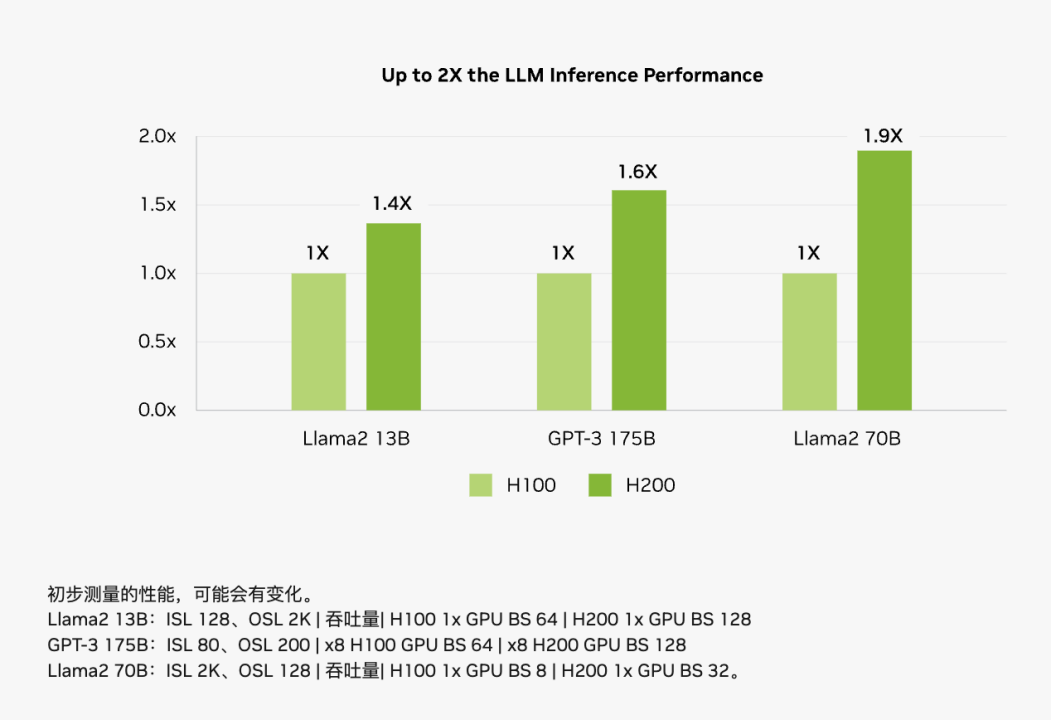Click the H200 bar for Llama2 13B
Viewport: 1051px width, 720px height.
click(x=393, y=316)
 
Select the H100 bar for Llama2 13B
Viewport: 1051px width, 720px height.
click(x=318, y=341)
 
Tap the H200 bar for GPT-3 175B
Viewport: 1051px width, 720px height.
click(x=639, y=300)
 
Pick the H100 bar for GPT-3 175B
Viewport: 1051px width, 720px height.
click(x=564, y=341)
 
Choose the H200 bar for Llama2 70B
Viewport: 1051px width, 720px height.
click(x=884, y=280)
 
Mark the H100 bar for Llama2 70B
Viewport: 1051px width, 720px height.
click(x=809, y=341)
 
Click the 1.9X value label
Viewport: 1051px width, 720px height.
click(x=884, y=136)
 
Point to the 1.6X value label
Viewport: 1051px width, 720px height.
click(x=638, y=172)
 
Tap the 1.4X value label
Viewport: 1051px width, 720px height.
click(x=392, y=204)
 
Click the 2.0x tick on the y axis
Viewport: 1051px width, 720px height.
click(x=157, y=137)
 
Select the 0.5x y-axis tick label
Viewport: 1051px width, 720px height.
click(x=157, y=342)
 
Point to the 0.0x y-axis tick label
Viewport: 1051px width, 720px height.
click(x=157, y=410)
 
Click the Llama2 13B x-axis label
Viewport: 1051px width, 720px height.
click(x=356, y=439)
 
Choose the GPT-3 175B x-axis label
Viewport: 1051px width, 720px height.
click(x=601, y=439)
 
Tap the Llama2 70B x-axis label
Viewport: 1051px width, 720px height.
click(x=847, y=439)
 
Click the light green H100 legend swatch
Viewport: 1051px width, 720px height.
click(x=481, y=485)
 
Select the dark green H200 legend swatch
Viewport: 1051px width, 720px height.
click(x=600, y=485)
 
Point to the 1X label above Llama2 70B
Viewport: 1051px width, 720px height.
click(x=808, y=253)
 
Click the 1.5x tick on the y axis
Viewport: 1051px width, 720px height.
click(x=157, y=205)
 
